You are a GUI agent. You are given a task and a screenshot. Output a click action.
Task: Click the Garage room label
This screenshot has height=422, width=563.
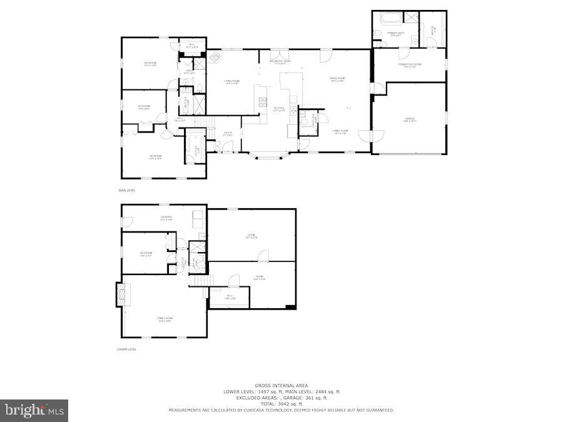[x=409, y=119]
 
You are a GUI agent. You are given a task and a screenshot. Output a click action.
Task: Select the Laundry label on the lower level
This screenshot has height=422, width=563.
[x=166, y=218]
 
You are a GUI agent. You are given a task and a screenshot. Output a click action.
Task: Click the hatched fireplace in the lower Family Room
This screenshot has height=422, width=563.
[x=120, y=294]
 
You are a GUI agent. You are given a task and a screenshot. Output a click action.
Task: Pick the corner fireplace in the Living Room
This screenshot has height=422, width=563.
[x=215, y=58]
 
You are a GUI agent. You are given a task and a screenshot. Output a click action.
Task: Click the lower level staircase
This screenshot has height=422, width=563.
[x=199, y=281]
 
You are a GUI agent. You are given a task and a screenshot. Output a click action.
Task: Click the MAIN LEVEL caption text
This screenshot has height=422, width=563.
[x=127, y=190]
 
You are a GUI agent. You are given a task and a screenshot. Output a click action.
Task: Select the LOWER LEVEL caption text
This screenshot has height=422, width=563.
[x=127, y=349]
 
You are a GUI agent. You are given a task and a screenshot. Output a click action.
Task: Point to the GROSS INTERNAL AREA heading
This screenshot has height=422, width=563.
[x=281, y=385]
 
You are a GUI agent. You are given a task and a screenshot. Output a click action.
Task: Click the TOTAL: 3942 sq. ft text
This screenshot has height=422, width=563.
[x=281, y=404]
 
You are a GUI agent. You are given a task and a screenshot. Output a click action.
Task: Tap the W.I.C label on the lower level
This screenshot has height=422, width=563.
[x=230, y=297]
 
